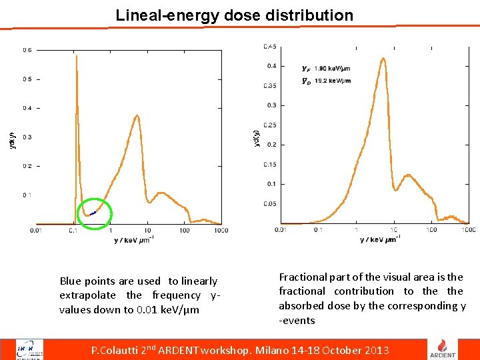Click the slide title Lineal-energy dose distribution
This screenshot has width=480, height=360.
(234, 15)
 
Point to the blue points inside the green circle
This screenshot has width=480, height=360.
(93, 213)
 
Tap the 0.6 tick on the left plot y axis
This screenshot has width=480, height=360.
(27, 50)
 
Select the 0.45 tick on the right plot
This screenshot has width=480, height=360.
(270, 46)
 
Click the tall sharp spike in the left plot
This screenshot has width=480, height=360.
(77, 60)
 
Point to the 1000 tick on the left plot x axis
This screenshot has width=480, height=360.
(221, 230)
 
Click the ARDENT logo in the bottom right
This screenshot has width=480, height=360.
(447, 349)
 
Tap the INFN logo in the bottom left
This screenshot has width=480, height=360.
(29, 349)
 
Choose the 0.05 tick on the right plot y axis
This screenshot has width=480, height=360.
(270, 204)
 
